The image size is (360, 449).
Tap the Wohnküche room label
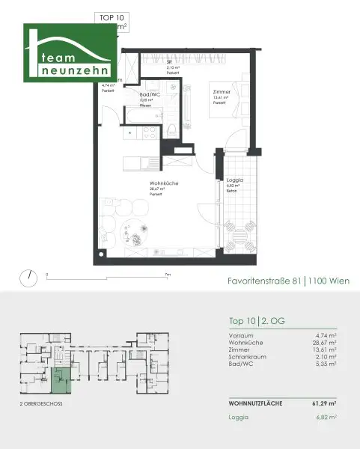[x=162, y=183]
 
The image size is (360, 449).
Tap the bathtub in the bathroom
[x=138, y=117]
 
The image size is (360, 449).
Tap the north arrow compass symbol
[x=29, y=277]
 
